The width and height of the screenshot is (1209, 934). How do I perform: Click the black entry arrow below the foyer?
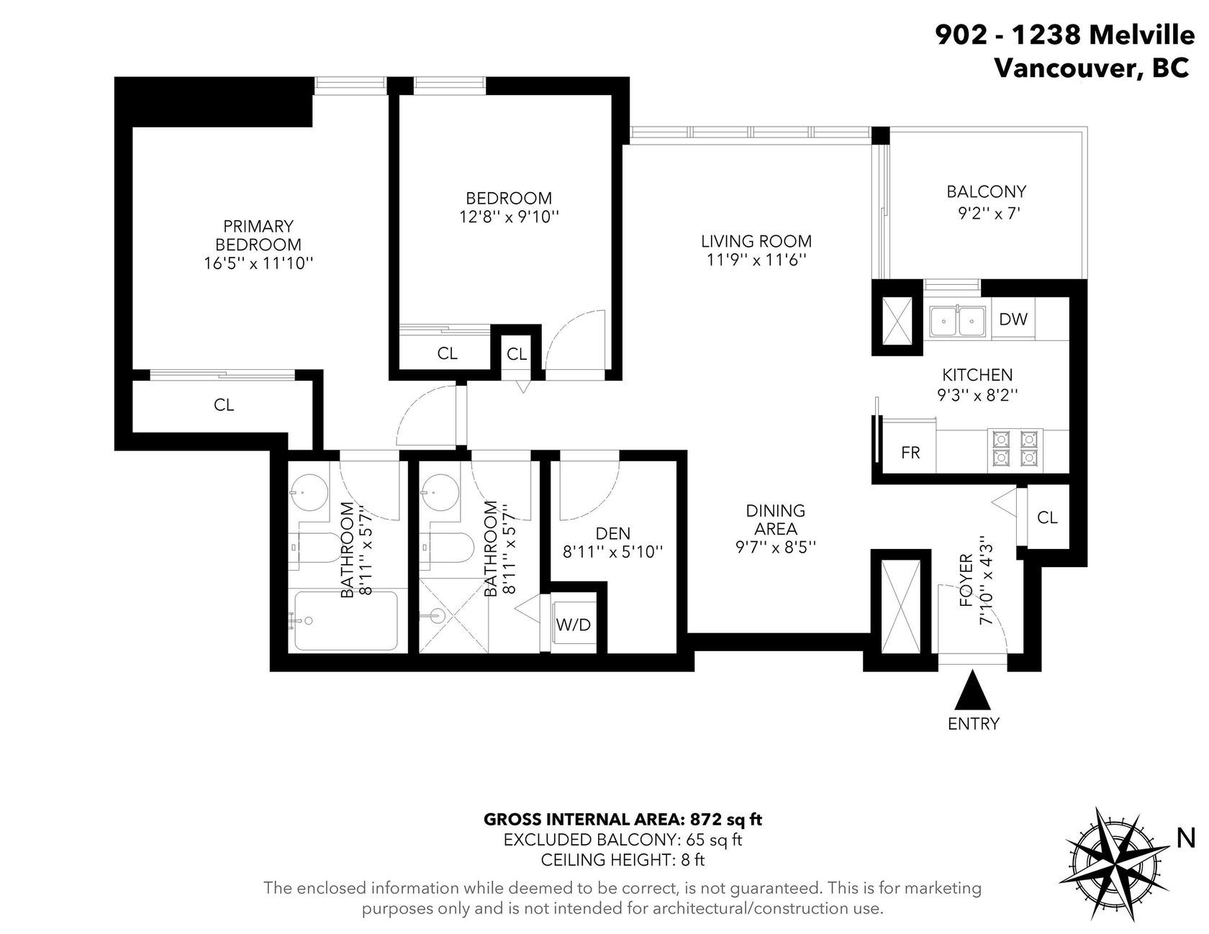tap(973, 689)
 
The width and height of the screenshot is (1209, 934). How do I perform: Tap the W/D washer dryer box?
tap(574, 622)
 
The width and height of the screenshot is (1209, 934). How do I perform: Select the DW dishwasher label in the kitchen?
tap(1013, 319)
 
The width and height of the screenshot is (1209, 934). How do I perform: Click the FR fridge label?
tap(910, 453)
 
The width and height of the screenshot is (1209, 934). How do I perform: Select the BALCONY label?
tap(986, 192)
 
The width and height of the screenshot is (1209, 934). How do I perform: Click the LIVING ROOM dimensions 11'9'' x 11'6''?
tap(756, 260)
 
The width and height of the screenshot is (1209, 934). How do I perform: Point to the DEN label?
tap(613, 533)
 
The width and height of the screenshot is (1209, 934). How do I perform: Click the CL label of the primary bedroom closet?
tap(224, 405)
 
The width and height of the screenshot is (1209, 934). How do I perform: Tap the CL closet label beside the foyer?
tap(1048, 517)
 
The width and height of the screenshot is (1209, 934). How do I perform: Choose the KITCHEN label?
tap(977, 375)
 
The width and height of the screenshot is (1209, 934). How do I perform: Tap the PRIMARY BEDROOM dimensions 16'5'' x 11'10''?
tap(258, 263)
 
